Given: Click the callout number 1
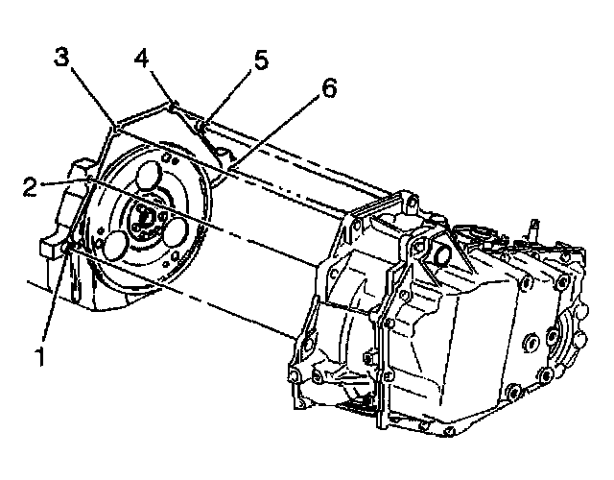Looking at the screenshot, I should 40,357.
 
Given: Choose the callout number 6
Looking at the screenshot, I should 328,89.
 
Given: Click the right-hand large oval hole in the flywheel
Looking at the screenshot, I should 175,233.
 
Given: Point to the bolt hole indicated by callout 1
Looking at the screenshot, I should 66,251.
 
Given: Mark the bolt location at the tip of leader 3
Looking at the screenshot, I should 113,126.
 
